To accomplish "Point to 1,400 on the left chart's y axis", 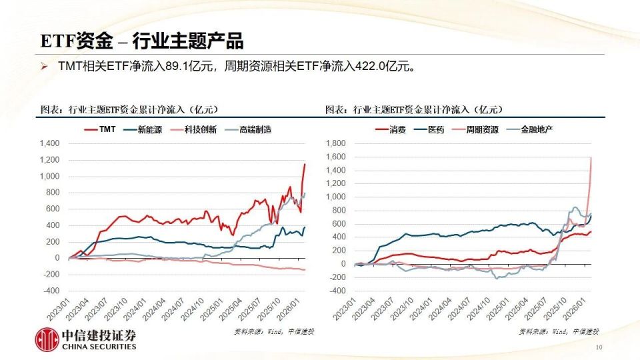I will coord(49,143).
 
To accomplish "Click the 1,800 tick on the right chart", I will coord(335,143).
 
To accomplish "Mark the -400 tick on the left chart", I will coord(51,291).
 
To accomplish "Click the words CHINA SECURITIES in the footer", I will coord(99,347).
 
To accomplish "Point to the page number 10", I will coord(598,347).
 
